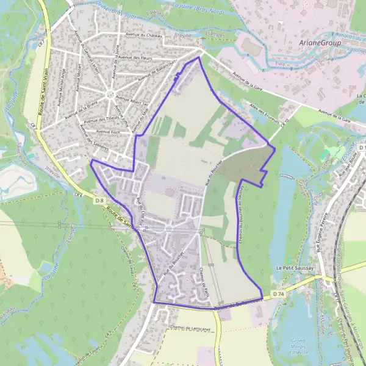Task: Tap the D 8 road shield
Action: [x=99, y=200]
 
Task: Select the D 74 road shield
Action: [x=278, y=294]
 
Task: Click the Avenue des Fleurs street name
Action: [x=135, y=57]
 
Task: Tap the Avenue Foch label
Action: [x=107, y=131]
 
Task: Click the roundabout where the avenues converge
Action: [x=110, y=95]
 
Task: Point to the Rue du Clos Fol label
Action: [x=141, y=212]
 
